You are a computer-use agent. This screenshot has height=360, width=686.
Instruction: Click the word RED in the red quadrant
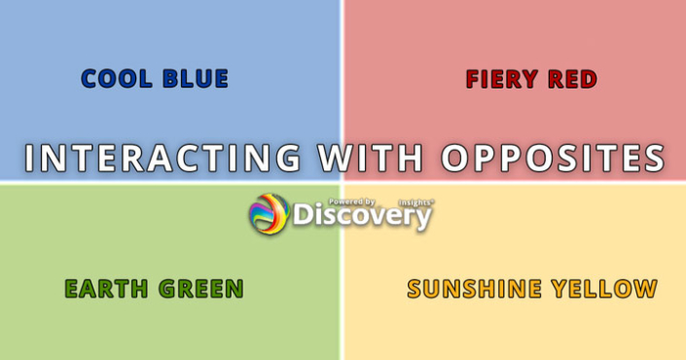point(574,79)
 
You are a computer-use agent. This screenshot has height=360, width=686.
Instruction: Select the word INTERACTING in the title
point(162,158)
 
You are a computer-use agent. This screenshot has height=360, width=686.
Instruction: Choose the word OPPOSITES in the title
point(553,158)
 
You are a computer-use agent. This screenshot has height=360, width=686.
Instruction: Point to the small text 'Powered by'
point(351,200)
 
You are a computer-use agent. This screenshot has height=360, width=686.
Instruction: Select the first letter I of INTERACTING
point(29,158)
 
